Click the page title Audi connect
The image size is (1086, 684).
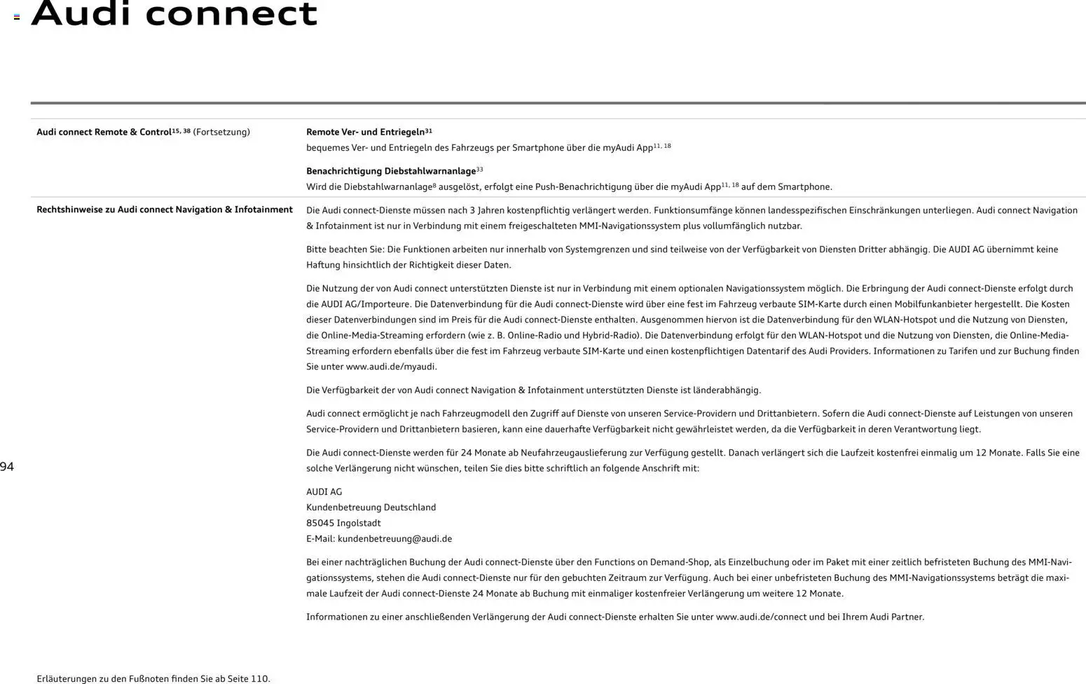coord(174,14)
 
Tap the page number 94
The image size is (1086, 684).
coord(7,467)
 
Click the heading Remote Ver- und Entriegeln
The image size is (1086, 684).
coord(366,132)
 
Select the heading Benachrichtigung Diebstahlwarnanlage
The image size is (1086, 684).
coord(391,171)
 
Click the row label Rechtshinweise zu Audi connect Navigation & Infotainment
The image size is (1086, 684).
coord(165,210)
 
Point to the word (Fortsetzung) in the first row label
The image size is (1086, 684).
coord(221,132)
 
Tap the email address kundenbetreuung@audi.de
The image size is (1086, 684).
coord(394,539)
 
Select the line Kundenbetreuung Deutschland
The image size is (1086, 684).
coord(371,507)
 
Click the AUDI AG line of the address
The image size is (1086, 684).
coord(324,492)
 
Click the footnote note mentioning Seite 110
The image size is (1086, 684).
coord(153,678)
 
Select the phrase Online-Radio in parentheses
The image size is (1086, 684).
coord(536,335)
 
